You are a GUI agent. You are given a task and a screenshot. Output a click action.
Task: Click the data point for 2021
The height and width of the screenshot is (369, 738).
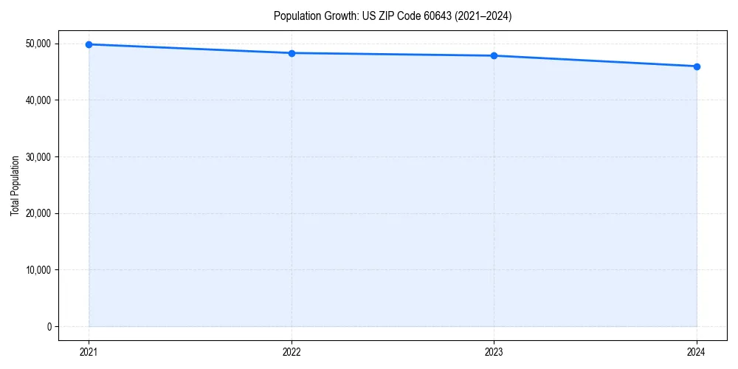coord(89,44)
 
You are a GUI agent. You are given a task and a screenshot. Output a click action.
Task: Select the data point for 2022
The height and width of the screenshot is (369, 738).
coord(292,53)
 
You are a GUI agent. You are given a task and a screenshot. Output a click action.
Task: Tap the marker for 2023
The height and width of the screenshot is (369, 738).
coord(494,56)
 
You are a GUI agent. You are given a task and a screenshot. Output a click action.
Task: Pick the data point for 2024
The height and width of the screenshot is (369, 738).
coord(697,66)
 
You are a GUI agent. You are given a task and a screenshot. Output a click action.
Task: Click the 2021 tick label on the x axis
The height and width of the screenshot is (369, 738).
coord(89,352)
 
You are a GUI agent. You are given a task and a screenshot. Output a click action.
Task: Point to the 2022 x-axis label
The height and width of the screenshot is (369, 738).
coord(292,352)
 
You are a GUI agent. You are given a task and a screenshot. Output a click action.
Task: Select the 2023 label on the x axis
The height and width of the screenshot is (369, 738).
coord(494,352)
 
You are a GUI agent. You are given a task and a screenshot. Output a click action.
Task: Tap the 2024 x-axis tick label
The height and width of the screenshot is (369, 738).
coord(697,352)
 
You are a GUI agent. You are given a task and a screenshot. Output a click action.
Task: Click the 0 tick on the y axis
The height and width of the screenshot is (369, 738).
coord(49,327)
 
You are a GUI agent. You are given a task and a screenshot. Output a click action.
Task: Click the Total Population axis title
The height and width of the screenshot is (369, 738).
coord(15,186)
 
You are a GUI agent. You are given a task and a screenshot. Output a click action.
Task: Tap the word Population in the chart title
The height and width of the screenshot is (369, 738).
coord(295,15)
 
